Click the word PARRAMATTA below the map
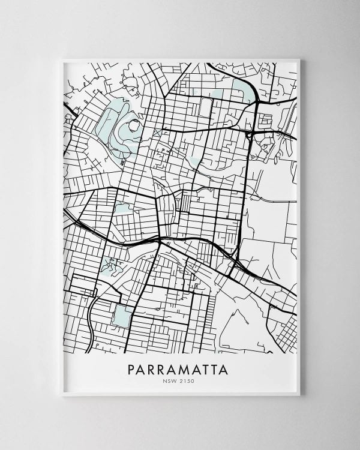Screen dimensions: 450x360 (178, 369)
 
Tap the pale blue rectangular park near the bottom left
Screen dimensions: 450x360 (122, 316)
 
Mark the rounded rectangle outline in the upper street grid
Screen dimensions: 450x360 (206, 108)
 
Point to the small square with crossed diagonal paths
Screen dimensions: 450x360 (158, 133)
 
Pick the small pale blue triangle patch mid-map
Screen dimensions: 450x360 (194, 162)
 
